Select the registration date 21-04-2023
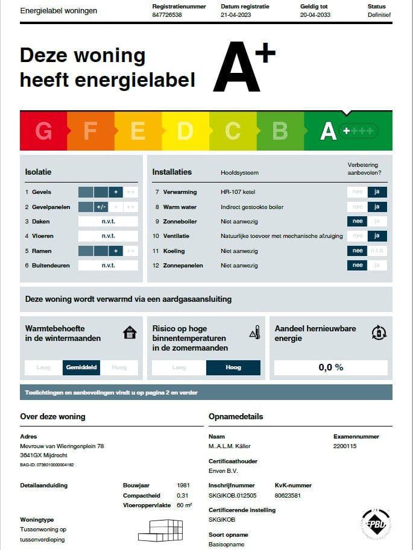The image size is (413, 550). [236, 14]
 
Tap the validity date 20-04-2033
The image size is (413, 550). [315, 14]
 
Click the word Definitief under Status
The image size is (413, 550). [379, 14]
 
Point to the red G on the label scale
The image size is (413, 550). [43, 131]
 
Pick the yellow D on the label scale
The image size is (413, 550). [185, 131]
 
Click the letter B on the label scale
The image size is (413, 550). [280, 131]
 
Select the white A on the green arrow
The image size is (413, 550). [328, 131]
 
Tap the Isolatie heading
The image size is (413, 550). [38, 172]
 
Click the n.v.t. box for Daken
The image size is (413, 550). [108, 222]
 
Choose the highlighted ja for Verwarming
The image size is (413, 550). [377, 192]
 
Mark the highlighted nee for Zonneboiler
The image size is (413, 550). [358, 222]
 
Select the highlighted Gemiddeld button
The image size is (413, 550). [81, 367]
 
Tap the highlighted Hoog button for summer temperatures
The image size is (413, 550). [233, 367]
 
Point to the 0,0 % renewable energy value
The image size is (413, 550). [330, 367]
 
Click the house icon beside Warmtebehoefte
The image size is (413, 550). [129, 333]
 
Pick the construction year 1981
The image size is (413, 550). [184, 485]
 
